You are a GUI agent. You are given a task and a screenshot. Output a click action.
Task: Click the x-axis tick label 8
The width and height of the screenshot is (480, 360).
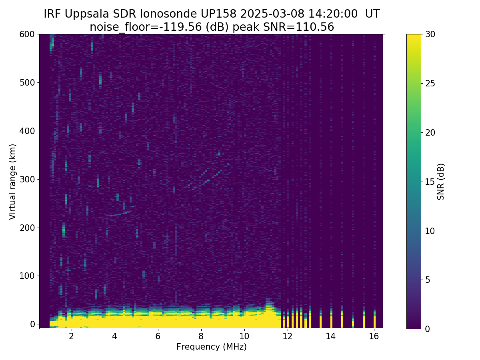pyautogui.click(x=201, y=336)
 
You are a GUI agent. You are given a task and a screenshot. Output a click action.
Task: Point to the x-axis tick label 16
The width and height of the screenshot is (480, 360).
pyautogui.click(x=374, y=336)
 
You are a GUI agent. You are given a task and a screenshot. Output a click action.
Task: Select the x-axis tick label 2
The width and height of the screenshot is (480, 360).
pyautogui.click(x=71, y=336)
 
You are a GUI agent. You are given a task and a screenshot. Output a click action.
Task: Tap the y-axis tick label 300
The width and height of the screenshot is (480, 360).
pyautogui.click(x=26, y=179)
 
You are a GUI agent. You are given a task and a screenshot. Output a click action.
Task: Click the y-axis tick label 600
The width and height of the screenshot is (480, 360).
pyautogui.click(x=26, y=34)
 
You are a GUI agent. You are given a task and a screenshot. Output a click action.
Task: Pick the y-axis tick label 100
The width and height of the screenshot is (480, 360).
pyautogui.click(x=26, y=276)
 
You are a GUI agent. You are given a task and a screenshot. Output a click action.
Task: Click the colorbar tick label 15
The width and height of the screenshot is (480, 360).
pyautogui.click(x=430, y=182)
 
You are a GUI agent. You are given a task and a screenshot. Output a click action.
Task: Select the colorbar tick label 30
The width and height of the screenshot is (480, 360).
pyautogui.click(x=430, y=34)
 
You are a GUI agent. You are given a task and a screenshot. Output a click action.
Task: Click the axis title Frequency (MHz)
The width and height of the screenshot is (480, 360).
pyautogui.click(x=212, y=347)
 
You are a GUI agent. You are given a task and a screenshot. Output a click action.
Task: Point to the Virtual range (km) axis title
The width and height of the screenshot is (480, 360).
pyautogui.click(x=13, y=182)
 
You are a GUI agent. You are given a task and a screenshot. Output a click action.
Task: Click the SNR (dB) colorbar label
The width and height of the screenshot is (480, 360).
pyautogui.click(x=441, y=182)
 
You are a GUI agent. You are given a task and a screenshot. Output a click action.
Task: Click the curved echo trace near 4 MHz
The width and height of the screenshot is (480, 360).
pyautogui.click(x=119, y=214)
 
